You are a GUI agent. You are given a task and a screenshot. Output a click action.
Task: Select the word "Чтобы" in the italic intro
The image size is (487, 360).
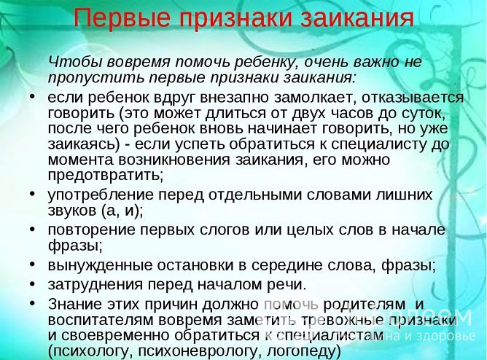click(72, 60)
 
